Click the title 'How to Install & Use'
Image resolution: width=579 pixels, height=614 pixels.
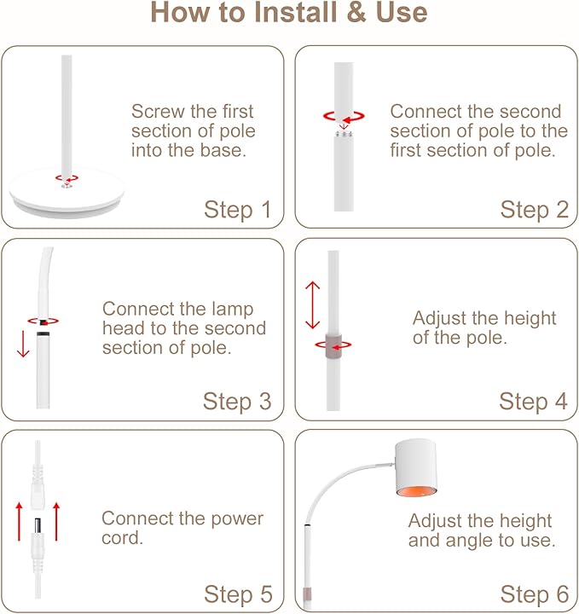[x=289, y=14]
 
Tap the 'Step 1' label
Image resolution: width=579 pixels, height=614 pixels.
[x=237, y=210]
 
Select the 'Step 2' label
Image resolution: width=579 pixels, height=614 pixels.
[x=534, y=210]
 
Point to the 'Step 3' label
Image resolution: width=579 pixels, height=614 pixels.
[x=237, y=401]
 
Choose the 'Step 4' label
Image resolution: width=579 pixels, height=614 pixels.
[x=534, y=401]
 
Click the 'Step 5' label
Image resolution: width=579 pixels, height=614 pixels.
[x=237, y=594]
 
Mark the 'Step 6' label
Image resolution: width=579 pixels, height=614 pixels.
[x=534, y=594]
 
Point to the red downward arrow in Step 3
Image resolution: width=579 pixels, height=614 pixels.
[x=22, y=346]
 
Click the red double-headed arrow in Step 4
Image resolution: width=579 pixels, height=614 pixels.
[x=313, y=305]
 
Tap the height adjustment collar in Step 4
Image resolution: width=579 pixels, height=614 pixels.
[x=333, y=345]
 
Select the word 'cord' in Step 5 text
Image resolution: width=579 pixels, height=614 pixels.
[x=123, y=538]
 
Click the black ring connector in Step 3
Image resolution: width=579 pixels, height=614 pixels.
[x=42, y=322]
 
